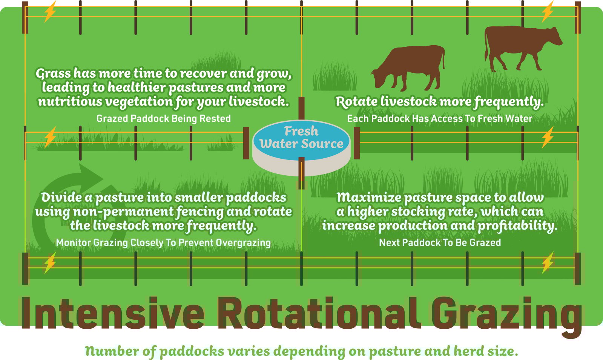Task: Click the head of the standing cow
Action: (x=553, y=37)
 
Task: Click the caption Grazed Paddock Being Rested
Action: (x=163, y=118)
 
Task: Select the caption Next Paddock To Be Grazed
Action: (x=440, y=242)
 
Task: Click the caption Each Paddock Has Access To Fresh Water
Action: (x=439, y=118)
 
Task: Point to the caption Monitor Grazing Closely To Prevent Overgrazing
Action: (x=163, y=242)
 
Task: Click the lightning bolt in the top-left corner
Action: (x=50, y=12)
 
